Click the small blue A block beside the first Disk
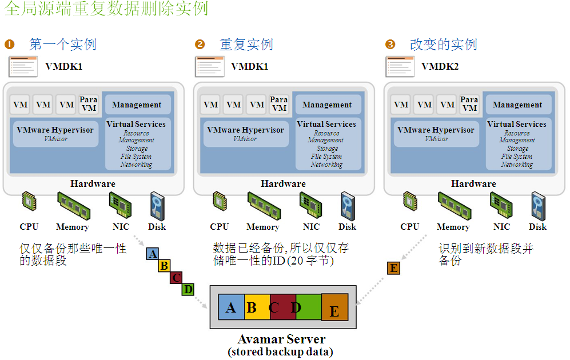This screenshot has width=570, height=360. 153,253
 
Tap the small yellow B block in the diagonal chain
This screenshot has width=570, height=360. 164,266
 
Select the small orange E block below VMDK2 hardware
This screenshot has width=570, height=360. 393,268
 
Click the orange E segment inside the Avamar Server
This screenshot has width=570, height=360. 334,309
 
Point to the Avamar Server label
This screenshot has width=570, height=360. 281,339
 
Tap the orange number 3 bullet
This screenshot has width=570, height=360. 390,45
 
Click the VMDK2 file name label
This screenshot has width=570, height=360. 440,66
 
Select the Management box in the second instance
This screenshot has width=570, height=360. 326,105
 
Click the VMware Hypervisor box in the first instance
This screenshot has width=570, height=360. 55,133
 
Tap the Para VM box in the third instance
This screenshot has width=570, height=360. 469,104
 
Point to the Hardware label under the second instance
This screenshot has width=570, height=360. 283,184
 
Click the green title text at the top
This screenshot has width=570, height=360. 106,9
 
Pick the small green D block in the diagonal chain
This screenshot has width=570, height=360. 188,289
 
